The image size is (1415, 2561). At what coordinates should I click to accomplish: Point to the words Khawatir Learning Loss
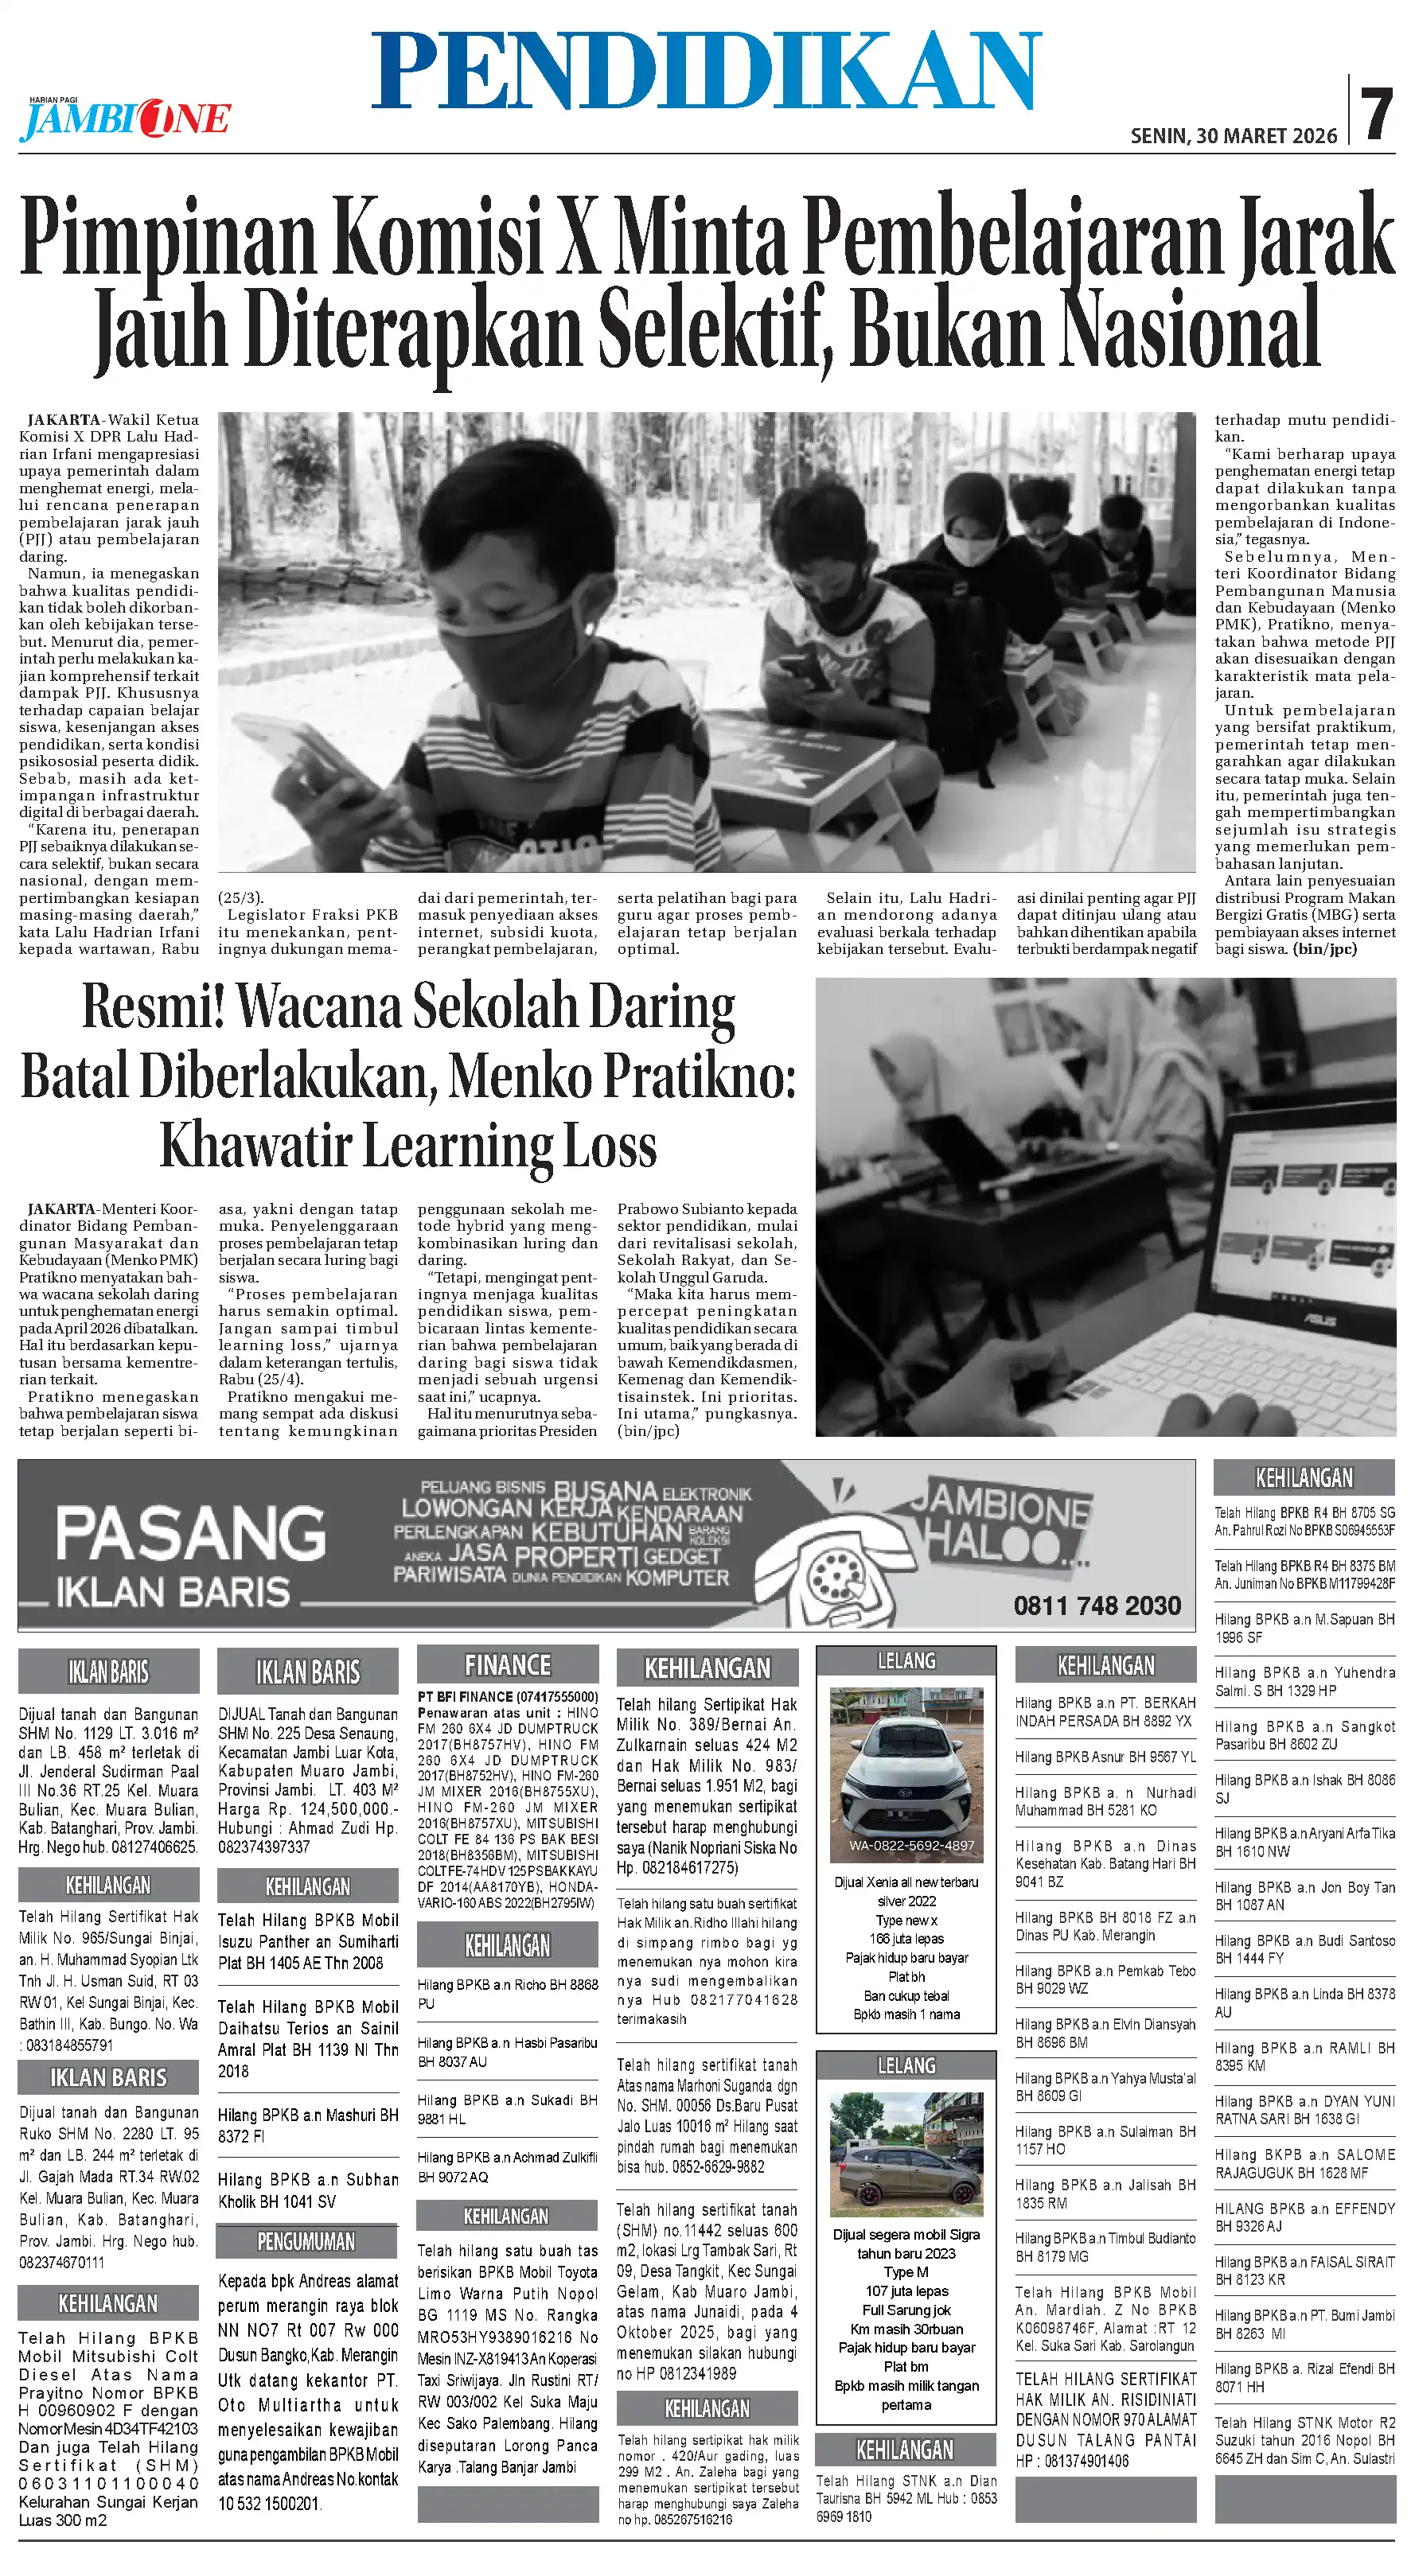(x=409, y=1146)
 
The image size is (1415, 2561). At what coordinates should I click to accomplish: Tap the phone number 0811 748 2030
(x=1097, y=1605)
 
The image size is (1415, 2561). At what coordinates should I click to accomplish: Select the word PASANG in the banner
(x=190, y=1533)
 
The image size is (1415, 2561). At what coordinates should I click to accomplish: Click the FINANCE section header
(x=507, y=1665)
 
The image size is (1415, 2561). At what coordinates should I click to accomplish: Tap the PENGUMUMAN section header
(x=306, y=2242)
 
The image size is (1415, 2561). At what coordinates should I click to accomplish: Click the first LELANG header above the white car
(x=906, y=1661)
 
